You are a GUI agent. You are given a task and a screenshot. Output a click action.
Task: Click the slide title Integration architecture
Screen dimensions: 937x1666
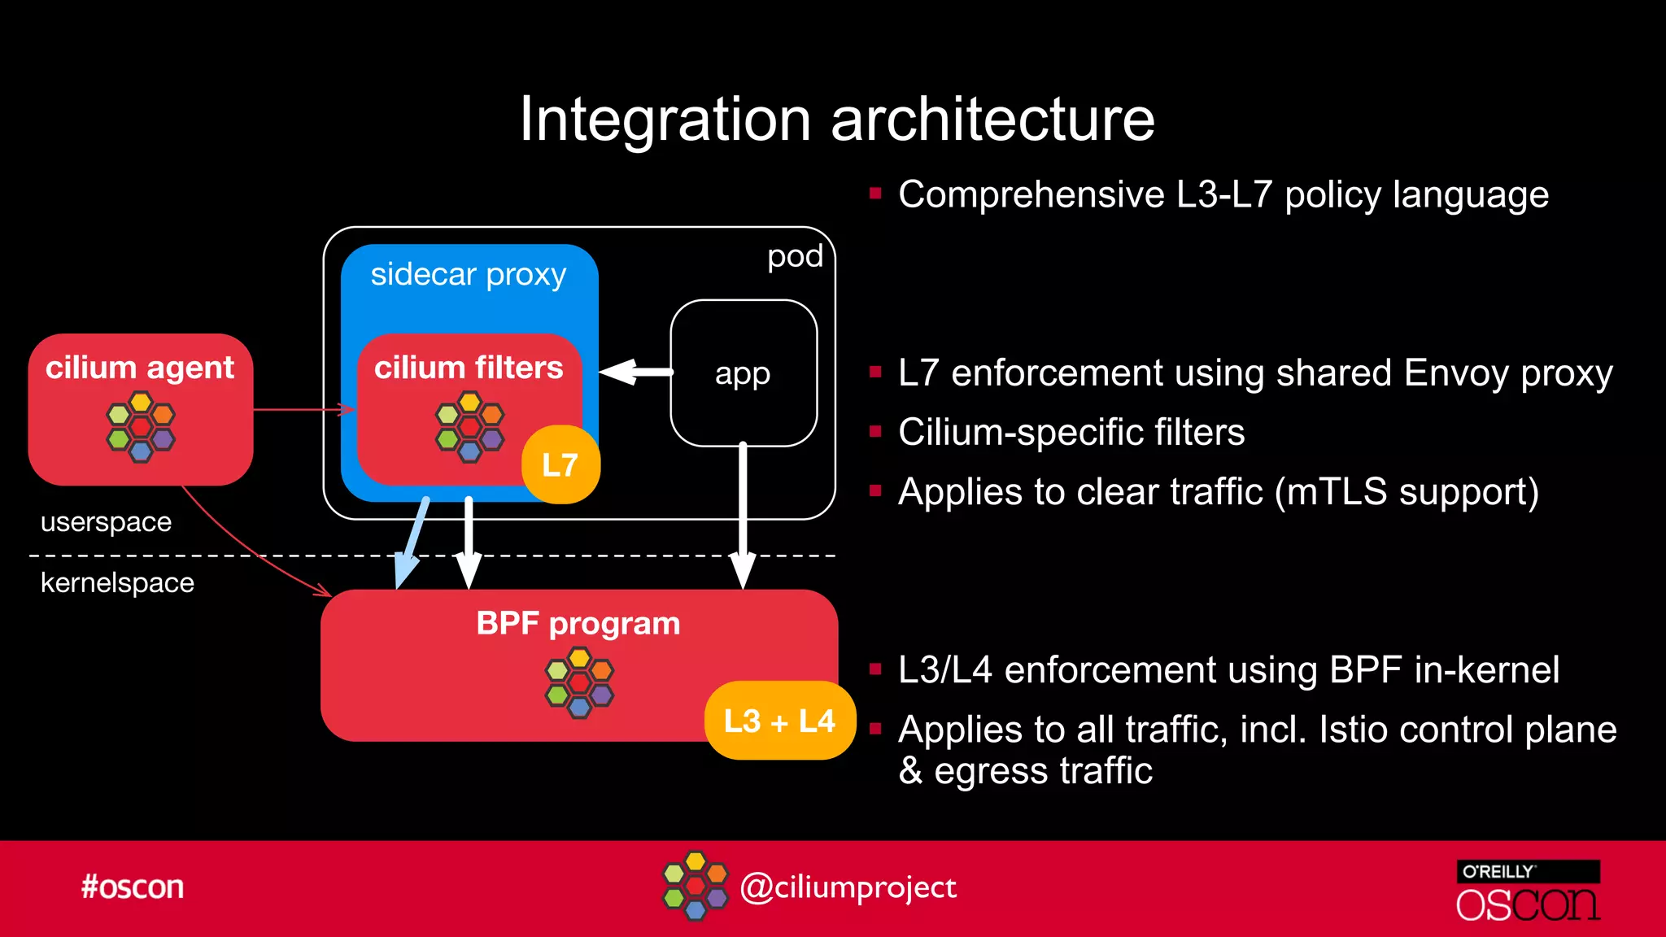pyautogui.click(x=837, y=120)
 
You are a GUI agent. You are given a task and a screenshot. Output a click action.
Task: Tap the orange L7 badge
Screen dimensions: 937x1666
pyautogui.click(x=560, y=464)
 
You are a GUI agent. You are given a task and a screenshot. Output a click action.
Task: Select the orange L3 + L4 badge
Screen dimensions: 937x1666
pyautogui.click(x=779, y=721)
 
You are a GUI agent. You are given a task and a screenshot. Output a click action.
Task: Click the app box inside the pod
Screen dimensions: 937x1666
pyautogui.click(x=743, y=373)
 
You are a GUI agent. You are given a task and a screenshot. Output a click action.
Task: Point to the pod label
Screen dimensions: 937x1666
pyautogui.click(x=795, y=256)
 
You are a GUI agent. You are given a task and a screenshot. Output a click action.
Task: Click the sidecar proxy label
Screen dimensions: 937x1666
pyautogui.click(x=468, y=275)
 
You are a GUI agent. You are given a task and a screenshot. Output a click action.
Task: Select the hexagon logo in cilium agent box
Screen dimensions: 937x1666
pyautogui.click(x=141, y=427)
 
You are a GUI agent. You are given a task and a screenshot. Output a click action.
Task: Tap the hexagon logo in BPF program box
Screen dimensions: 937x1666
pyautogui.click(x=579, y=682)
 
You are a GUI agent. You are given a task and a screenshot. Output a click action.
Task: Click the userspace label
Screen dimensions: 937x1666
pyautogui.click(x=106, y=521)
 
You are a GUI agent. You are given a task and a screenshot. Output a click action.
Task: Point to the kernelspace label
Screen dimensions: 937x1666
pyautogui.click(x=117, y=583)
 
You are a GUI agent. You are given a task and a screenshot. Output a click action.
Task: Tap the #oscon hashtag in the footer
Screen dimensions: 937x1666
pyautogui.click(x=133, y=887)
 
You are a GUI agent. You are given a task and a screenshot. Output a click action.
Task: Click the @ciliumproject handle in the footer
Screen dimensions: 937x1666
pyautogui.click(x=848, y=887)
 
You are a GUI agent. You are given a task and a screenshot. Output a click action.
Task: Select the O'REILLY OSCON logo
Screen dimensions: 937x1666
pyautogui.click(x=1528, y=891)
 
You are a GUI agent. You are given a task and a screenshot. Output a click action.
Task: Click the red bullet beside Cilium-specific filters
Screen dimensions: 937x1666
pyautogui.click(x=875, y=432)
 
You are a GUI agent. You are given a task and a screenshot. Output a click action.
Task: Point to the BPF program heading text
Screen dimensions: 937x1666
pyautogui.click(x=578, y=624)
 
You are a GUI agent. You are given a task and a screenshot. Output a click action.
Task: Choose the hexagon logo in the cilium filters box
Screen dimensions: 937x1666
pyautogui.click(x=469, y=427)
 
